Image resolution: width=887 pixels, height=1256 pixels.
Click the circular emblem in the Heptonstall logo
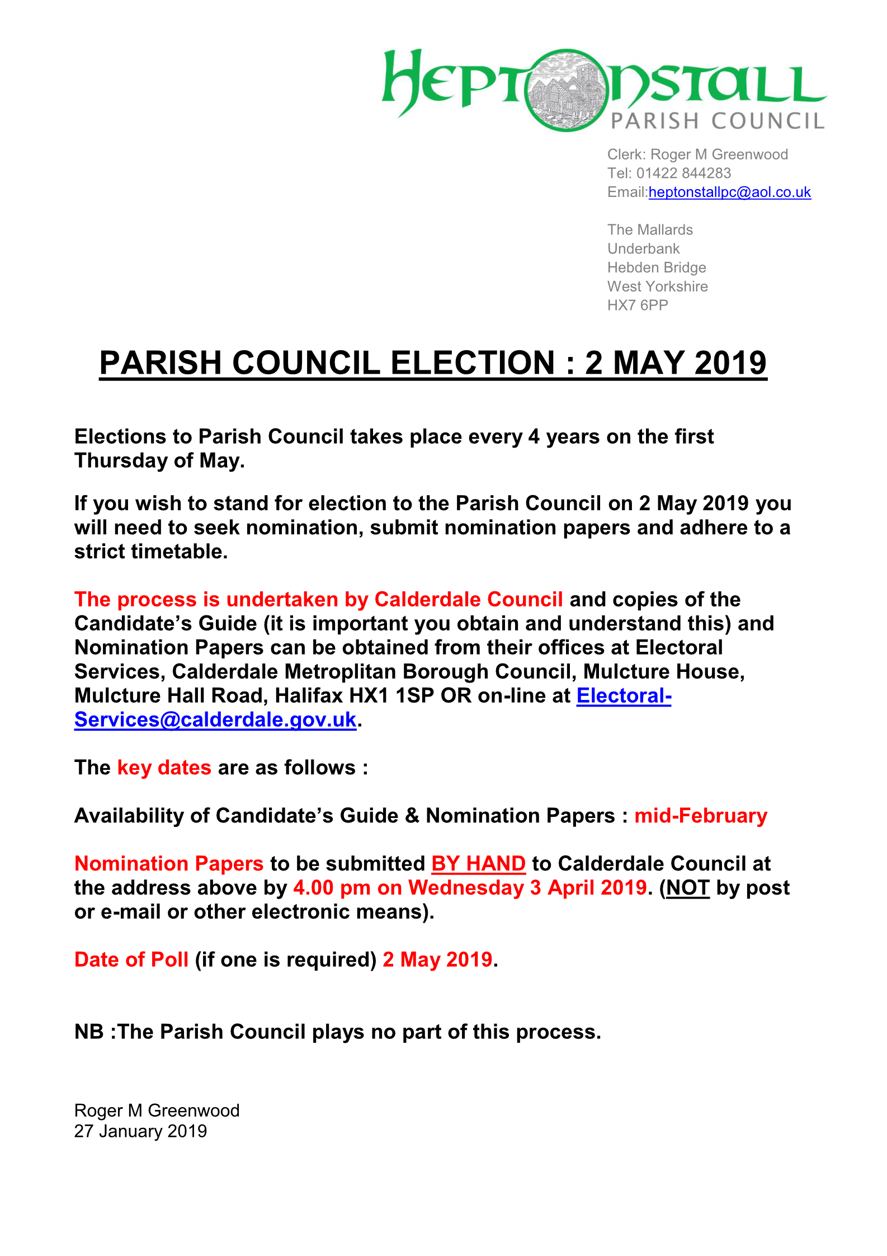(567, 90)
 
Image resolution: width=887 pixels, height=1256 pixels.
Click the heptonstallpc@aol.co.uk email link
(729, 192)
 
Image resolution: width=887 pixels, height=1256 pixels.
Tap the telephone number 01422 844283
(683, 173)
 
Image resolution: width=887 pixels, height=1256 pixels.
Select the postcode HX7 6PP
(638, 305)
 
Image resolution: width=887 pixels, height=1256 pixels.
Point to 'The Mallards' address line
(650, 229)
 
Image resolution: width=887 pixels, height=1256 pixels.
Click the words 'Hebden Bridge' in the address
(657, 267)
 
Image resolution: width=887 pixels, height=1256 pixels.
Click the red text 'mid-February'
(700, 816)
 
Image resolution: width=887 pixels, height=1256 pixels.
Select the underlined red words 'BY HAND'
(478, 864)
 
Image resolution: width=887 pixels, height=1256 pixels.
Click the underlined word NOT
(687, 888)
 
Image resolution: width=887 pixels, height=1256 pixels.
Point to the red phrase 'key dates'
(164, 768)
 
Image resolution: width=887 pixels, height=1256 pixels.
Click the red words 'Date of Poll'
(131, 959)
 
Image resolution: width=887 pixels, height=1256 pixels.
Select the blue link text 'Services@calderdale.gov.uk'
(215, 719)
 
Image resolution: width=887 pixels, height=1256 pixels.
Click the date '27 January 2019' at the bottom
(140, 1131)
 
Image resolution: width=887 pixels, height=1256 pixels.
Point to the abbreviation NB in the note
(89, 1032)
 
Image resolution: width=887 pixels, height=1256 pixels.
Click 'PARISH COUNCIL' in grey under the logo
(718, 121)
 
